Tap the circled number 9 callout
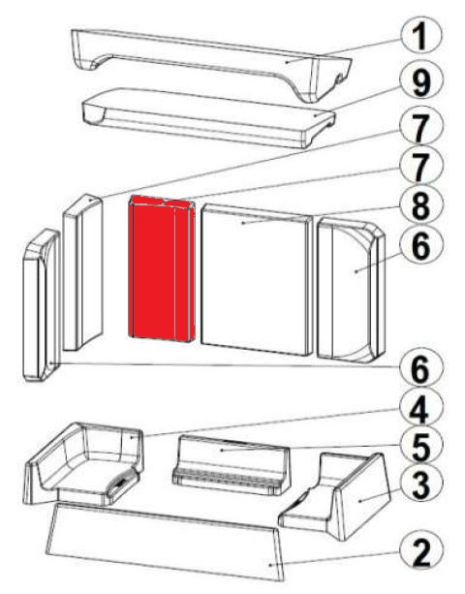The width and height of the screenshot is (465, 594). click(420, 81)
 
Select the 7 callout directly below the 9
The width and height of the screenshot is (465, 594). click(420, 127)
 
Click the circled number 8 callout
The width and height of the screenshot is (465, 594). click(420, 206)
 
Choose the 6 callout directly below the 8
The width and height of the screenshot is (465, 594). click(420, 246)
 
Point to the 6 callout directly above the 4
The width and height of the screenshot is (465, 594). click(420, 368)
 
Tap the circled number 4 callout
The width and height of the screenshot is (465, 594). click(420, 410)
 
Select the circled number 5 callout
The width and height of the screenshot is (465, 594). click(420, 447)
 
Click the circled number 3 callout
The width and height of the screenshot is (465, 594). click(420, 485)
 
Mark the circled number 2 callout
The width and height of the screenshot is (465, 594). click(420, 551)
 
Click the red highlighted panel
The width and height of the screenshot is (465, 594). click(162, 268)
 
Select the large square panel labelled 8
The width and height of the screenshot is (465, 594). click(257, 280)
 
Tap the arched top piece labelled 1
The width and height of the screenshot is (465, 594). click(212, 64)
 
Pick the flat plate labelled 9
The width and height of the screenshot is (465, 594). click(208, 117)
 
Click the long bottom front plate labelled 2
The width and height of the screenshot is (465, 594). click(165, 542)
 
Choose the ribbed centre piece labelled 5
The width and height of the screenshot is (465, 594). click(231, 465)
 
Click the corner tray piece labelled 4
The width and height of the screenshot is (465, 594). click(84, 464)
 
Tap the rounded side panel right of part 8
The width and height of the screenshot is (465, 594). click(352, 290)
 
